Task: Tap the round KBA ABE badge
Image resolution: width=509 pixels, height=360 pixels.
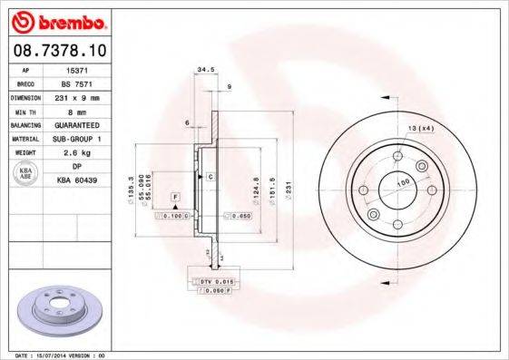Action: [25, 173]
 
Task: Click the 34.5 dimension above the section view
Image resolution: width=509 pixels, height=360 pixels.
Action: [205, 69]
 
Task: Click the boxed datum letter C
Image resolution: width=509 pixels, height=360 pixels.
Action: [210, 176]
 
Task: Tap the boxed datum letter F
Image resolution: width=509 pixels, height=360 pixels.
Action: [175, 197]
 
